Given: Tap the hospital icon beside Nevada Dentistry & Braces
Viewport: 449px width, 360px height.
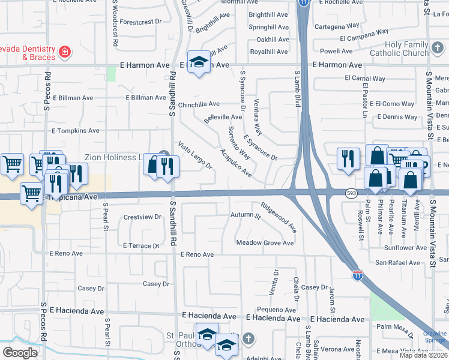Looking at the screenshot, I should pos(63,53).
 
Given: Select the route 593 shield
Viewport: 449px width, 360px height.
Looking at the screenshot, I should pos(352,193).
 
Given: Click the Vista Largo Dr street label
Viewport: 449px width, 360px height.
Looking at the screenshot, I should pos(194,155).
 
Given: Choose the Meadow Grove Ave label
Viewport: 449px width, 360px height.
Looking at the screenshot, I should pos(265,243).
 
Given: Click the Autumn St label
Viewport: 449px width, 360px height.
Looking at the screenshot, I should pos(245,214).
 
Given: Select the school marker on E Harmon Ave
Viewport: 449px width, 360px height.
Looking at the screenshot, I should pos(199,62).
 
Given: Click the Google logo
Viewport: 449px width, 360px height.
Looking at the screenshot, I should pos(20,352).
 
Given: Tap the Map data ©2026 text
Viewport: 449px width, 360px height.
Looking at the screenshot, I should pos(423,355).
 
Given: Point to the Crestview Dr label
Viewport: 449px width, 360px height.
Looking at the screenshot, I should pos(142,217).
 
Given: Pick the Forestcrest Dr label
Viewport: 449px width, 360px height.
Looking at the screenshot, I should pos(141,21).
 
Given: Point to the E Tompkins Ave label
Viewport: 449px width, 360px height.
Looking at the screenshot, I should pos(76,130).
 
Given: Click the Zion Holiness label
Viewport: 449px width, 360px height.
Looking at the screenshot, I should pos(113,157).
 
